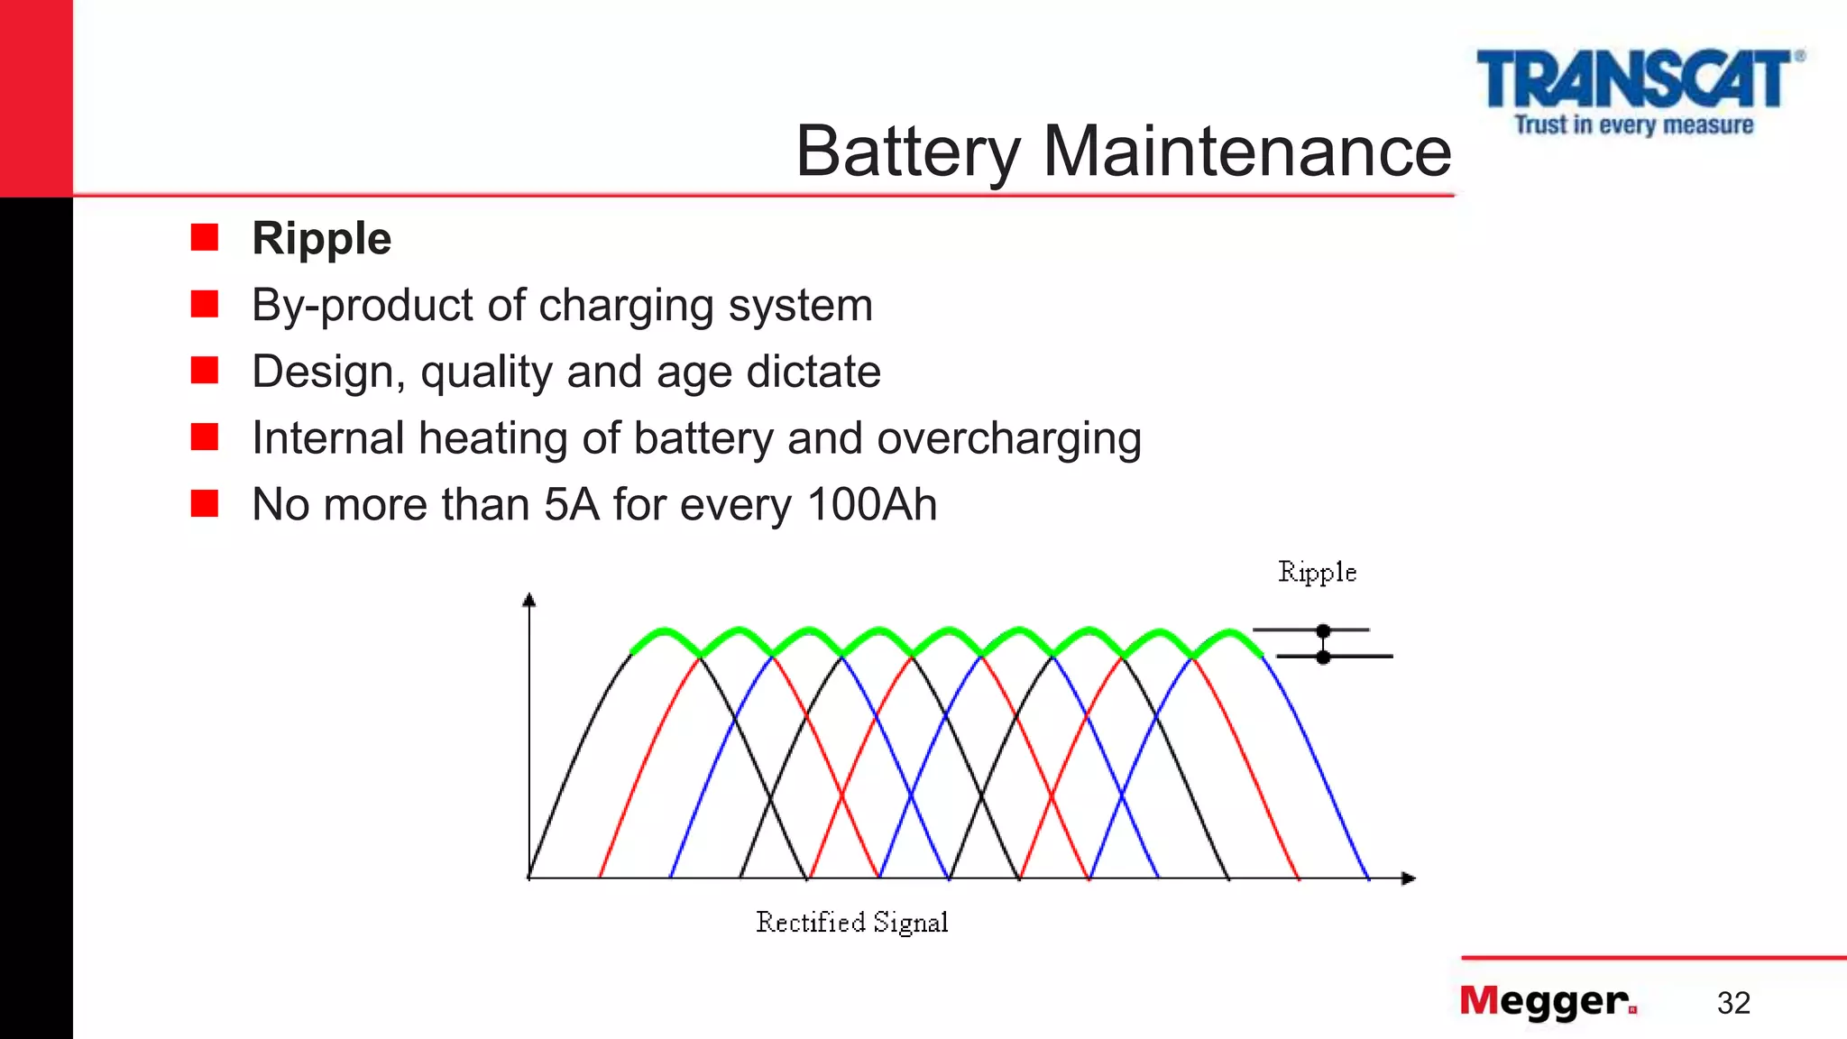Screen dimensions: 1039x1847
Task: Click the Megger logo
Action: pos(1548,1001)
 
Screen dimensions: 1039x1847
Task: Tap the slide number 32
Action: pos(1733,1003)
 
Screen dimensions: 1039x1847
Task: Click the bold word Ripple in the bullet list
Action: pos(321,239)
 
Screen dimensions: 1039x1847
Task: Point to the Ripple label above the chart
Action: pos(1317,573)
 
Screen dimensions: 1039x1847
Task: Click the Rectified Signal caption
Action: pos(851,923)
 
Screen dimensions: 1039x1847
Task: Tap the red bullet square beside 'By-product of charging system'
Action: pos(205,304)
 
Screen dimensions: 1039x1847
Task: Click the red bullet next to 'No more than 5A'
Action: pos(205,503)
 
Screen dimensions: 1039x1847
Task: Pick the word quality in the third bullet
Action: pos(486,372)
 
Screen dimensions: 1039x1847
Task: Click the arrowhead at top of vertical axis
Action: pos(529,600)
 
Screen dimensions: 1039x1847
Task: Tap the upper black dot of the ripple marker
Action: pos(1323,630)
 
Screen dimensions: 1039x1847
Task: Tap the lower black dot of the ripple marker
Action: pos(1323,657)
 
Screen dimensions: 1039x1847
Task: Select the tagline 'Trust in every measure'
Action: pos(1633,124)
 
